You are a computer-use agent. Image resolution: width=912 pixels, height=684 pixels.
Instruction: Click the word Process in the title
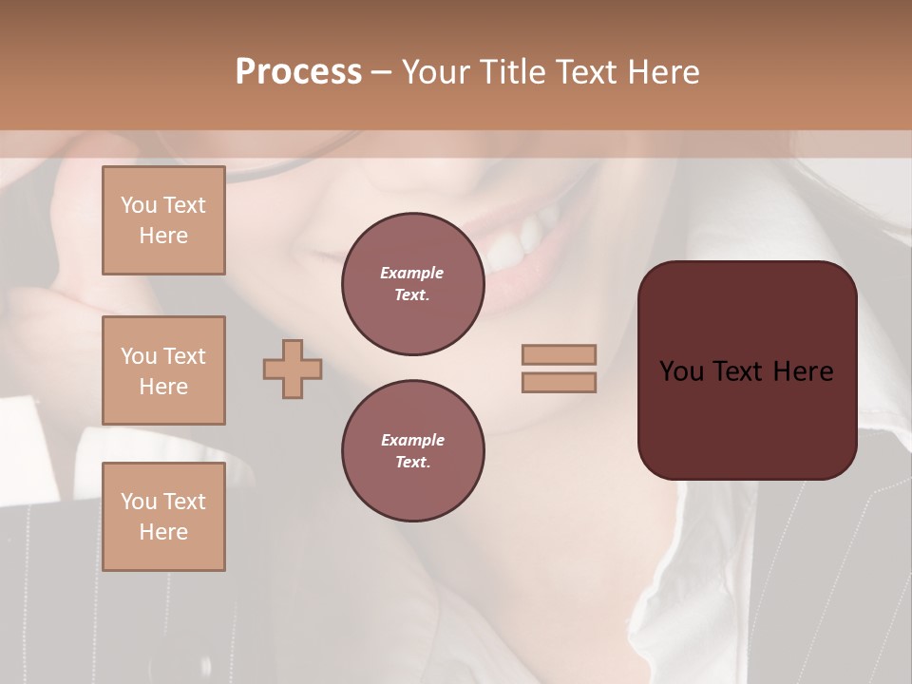click(x=298, y=72)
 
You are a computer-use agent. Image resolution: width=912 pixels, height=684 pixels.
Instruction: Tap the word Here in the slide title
click(x=661, y=72)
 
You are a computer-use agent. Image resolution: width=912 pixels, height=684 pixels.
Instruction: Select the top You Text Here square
click(x=163, y=220)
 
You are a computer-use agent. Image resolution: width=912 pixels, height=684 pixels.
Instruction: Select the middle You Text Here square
click(x=163, y=370)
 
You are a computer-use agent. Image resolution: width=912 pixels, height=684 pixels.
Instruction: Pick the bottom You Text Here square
click(x=163, y=516)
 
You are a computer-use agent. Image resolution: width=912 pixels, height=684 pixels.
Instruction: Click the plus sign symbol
click(x=293, y=369)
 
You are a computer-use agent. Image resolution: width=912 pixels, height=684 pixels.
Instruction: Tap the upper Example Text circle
click(x=412, y=284)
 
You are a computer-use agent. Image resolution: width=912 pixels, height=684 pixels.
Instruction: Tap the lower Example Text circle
click(x=412, y=451)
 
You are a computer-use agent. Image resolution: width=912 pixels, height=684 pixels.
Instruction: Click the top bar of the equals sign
click(x=560, y=354)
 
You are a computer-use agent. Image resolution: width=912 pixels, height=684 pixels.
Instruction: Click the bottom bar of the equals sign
click(x=560, y=382)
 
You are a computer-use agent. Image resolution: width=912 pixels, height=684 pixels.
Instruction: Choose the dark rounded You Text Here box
click(x=747, y=370)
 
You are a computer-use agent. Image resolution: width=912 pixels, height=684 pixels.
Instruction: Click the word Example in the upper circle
click(x=412, y=273)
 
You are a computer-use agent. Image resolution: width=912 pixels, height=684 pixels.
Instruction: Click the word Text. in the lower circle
click(x=412, y=463)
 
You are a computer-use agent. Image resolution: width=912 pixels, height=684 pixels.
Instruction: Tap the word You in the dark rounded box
click(x=680, y=370)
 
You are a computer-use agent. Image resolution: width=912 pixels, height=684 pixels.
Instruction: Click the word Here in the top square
click(x=163, y=236)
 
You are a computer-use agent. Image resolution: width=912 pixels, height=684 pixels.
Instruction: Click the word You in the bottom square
click(x=138, y=501)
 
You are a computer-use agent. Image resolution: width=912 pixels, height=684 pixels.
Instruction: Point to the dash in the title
click(x=382, y=72)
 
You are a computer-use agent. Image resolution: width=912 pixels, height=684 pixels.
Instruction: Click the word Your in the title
click(x=436, y=72)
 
